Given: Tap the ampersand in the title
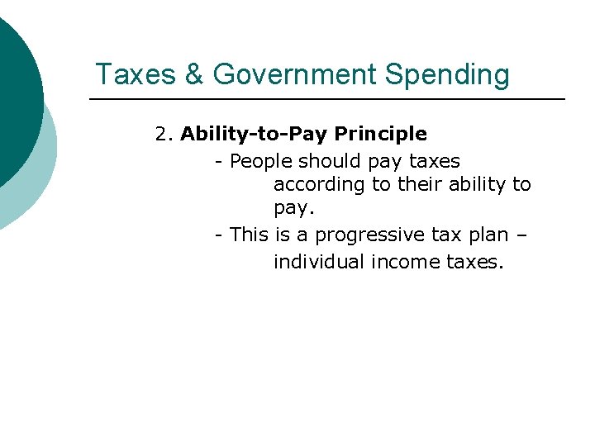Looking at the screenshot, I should [x=194, y=74].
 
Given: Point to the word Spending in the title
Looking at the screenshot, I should [x=448, y=75].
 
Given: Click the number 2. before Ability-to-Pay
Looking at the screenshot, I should [x=164, y=134].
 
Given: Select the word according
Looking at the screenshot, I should [x=320, y=185].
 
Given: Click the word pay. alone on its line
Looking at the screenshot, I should [x=293, y=210].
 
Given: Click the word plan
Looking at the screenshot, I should [x=488, y=235].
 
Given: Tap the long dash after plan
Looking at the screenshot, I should [x=522, y=236].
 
